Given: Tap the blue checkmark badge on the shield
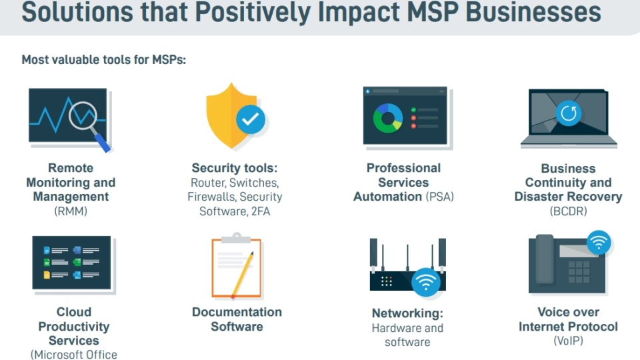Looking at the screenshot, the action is (x=250, y=119).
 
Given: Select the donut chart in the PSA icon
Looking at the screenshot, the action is (x=388, y=118).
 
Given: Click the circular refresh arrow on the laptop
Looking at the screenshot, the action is (x=569, y=113).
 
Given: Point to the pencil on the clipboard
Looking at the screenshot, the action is (x=243, y=275).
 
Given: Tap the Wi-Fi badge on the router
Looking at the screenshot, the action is (x=426, y=281).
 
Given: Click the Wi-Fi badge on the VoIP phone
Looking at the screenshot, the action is (x=599, y=243).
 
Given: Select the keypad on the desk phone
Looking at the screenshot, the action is (x=579, y=272).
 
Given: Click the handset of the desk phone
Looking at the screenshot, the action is (x=545, y=259).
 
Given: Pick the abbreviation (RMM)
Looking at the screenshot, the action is (x=71, y=211).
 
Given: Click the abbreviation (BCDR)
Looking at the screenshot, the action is (x=568, y=211).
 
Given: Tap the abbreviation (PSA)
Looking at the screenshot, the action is (x=439, y=197).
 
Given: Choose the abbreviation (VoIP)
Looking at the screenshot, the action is (x=568, y=341).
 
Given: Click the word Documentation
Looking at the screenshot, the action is (x=237, y=312).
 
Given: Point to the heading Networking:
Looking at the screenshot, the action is (x=407, y=313).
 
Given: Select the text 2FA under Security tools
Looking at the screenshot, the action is (x=261, y=211).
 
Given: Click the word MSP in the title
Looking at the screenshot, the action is (x=433, y=12).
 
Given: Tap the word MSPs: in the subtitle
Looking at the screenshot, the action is (x=169, y=59).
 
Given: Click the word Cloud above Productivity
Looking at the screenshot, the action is (x=74, y=312).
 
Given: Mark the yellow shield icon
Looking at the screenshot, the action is (x=231, y=115).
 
